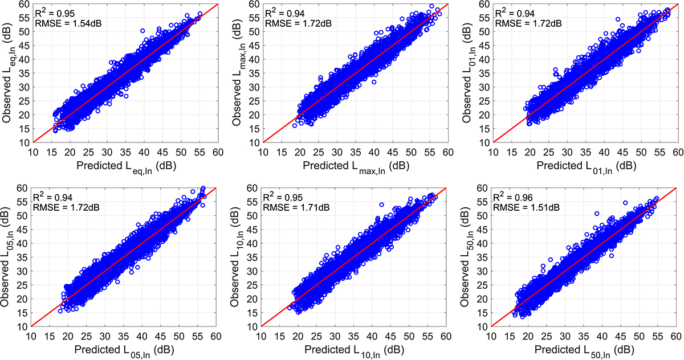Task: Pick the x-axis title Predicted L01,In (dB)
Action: (x=585, y=165)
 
